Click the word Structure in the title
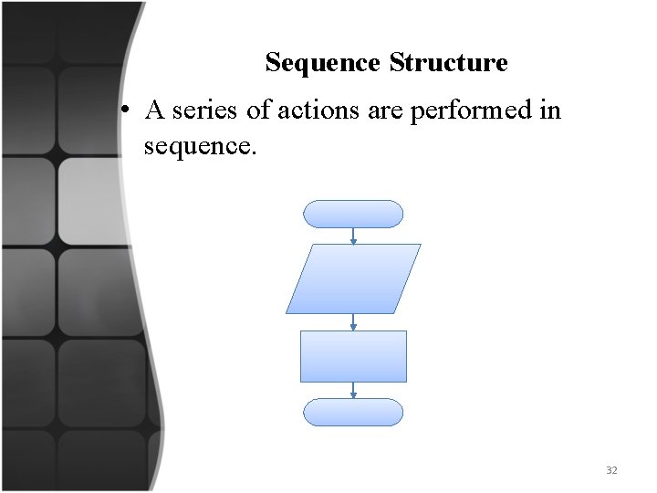point(448,63)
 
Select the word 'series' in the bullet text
point(207,111)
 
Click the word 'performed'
point(475,111)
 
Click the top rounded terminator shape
point(352,214)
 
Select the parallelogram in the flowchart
point(353,278)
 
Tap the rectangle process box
point(353,356)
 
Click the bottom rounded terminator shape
point(352,412)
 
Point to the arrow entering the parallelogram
point(353,236)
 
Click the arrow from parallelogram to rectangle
point(353,322)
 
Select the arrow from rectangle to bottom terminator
point(353,390)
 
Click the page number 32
point(611,470)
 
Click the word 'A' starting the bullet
point(155,111)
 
